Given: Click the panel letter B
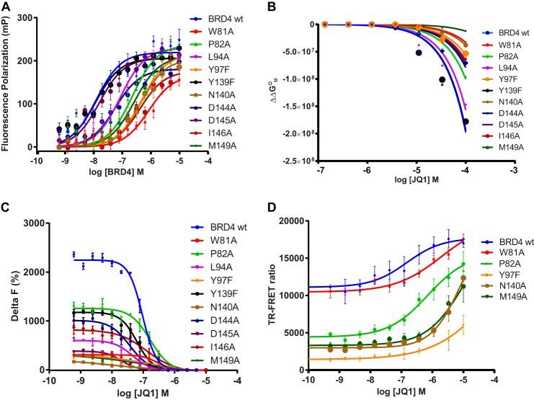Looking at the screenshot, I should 276,6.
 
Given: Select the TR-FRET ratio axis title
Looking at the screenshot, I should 280,288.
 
